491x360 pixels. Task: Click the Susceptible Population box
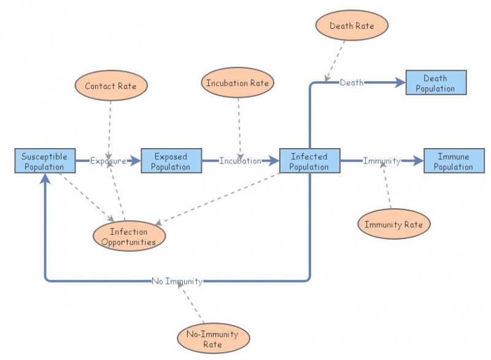pos(45,161)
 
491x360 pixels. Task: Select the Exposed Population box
pos(171,161)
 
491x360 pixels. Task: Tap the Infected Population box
pos(309,161)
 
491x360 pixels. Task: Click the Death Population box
pos(436,83)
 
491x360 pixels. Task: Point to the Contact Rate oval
pos(111,87)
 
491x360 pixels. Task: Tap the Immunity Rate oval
pos(393,224)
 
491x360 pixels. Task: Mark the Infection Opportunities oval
pos(129,237)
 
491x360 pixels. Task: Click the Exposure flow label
pos(108,161)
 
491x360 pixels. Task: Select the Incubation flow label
pos(240,161)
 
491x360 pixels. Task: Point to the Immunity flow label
pos(381,161)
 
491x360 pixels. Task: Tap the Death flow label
pos(351,83)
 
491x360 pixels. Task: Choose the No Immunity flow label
pos(177,281)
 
